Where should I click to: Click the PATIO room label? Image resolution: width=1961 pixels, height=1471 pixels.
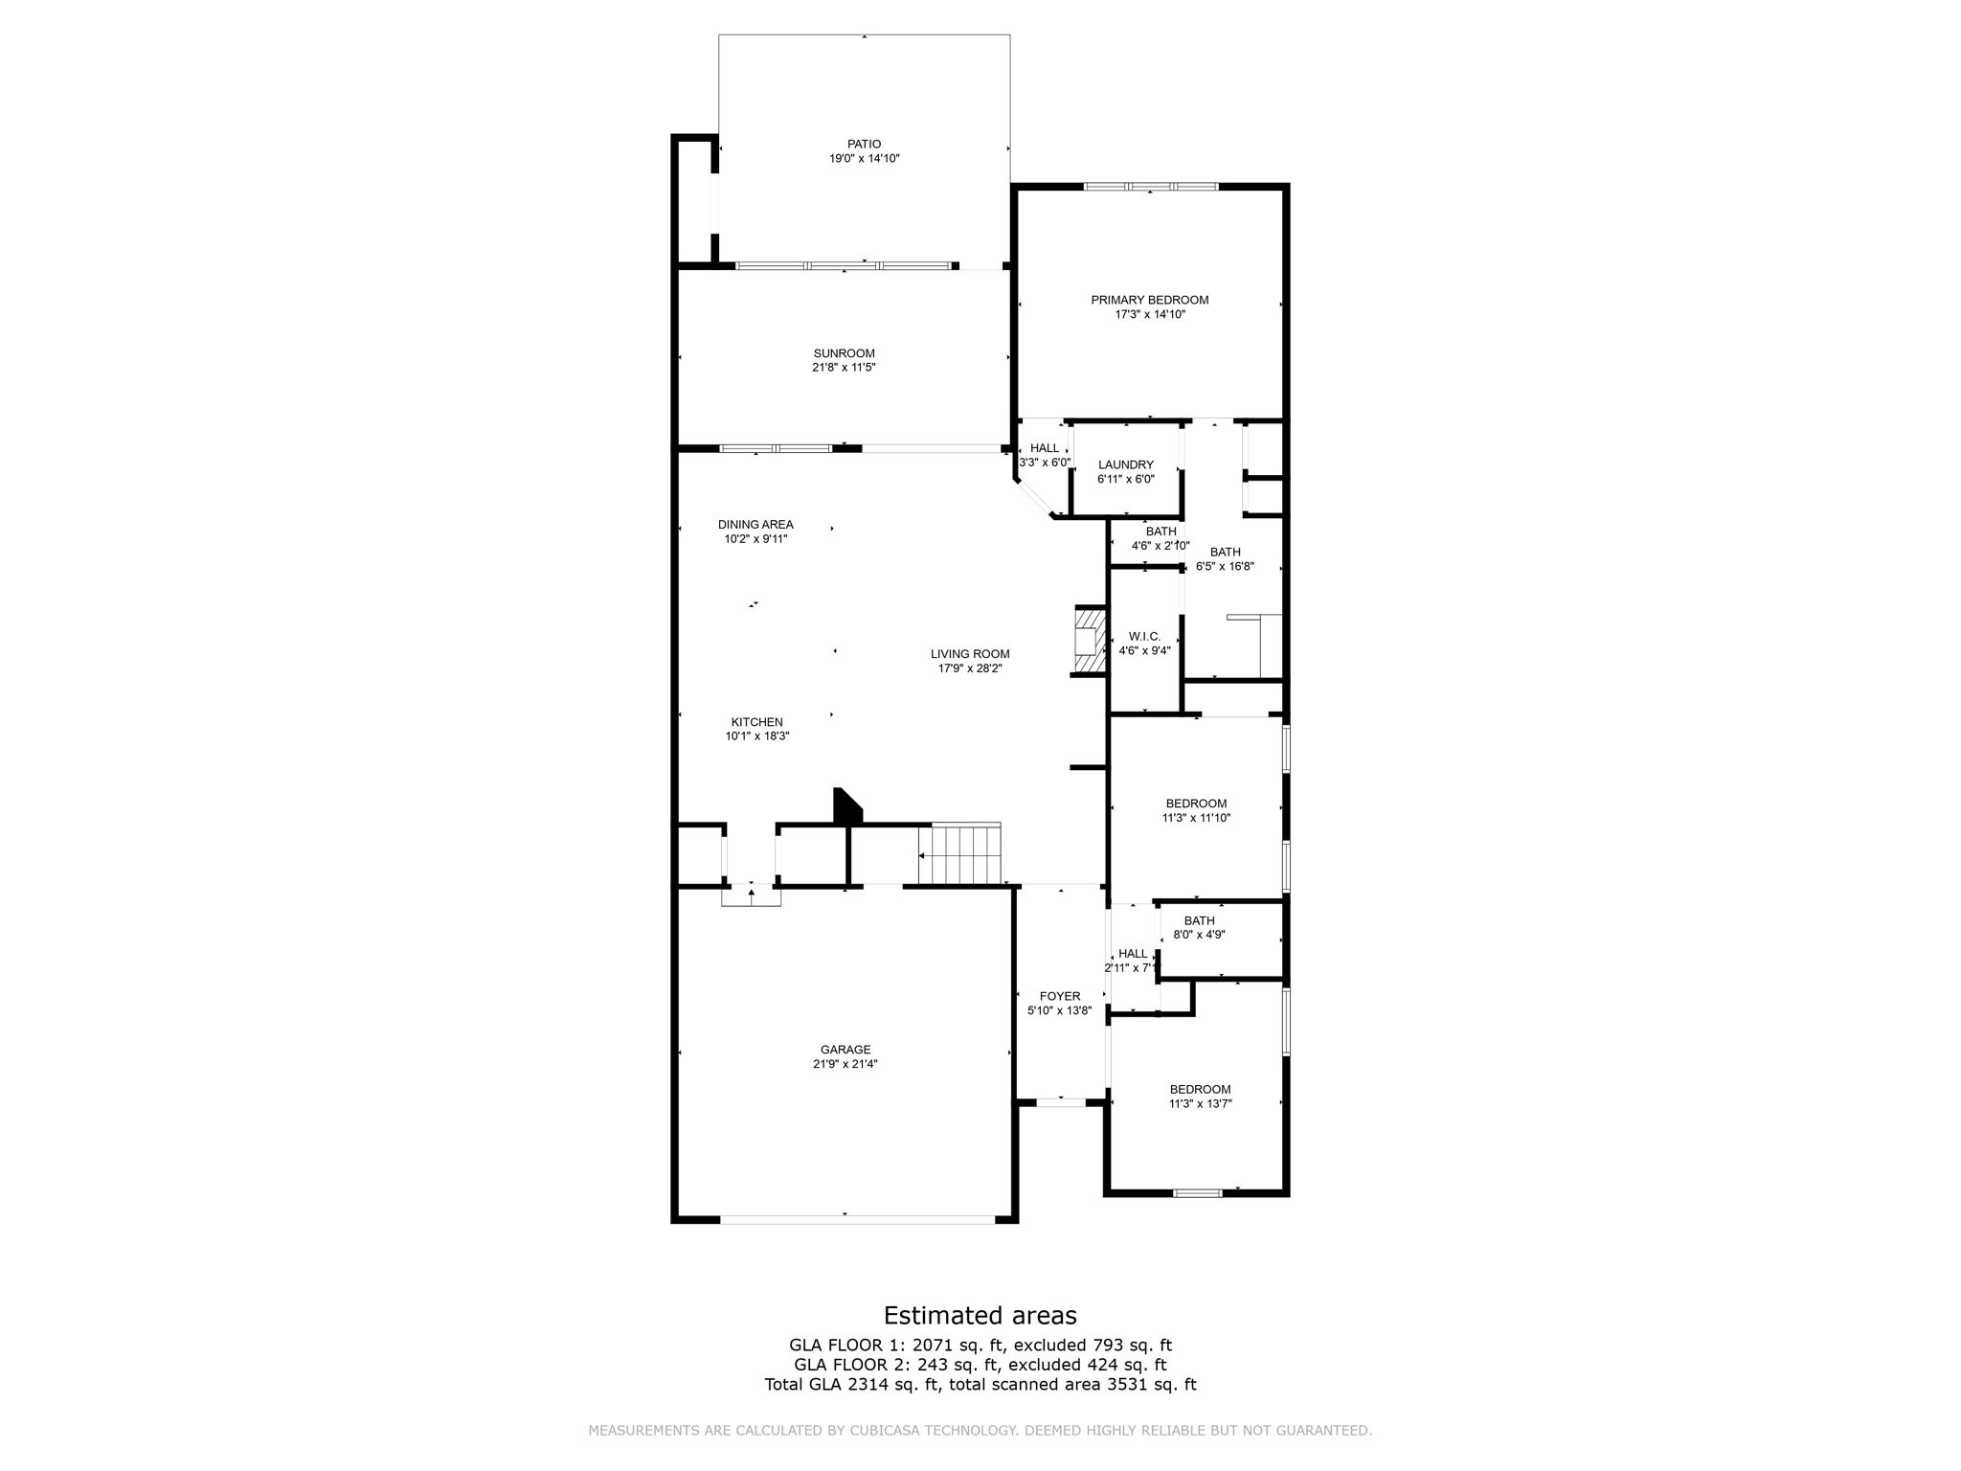tap(864, 145)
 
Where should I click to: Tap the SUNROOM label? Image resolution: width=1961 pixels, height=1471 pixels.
tap(845, 353)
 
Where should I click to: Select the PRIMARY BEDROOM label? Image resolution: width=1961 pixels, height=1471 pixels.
tap(1150, 300)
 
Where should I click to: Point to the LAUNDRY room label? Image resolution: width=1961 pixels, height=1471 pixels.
tap(1126, 464)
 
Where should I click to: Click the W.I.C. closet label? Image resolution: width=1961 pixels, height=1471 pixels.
tap(1145, 637)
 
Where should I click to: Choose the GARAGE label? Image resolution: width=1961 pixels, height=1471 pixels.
tap(845, 1050)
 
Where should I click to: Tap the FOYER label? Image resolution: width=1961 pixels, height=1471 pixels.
tap(1060, 996)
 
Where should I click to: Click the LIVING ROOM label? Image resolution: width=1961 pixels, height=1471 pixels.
tap(970, 654)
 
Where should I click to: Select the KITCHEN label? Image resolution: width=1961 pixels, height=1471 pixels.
tap(757, 722)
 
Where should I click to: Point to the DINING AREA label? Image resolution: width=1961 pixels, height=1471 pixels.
tap(755, 525)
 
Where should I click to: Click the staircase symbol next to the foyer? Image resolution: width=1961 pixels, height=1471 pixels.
tap(960, 854)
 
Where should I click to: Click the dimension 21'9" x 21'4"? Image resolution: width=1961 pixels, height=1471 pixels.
tap(845, 1064)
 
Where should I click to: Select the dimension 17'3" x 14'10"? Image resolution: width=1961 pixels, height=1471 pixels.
tap(1150, 314)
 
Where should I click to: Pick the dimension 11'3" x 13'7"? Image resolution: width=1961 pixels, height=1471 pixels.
tap(1201, 1103)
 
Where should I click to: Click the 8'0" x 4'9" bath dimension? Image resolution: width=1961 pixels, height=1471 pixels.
tap(1200, 935)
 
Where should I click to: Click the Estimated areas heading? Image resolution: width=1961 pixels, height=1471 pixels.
tap(980, 1315)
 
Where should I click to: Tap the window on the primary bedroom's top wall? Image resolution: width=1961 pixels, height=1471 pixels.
tap(1151, 187)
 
